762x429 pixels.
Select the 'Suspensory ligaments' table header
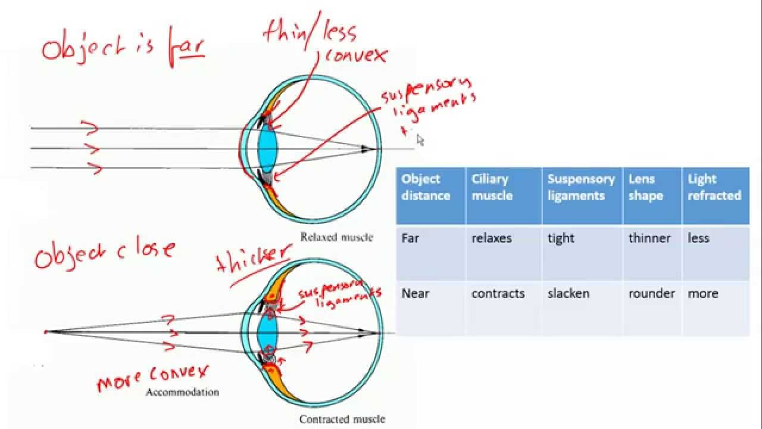click(580, 187)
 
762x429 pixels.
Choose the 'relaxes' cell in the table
click(492, 238)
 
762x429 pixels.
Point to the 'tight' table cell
click(561, 238)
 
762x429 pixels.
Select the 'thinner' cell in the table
click(649, 238)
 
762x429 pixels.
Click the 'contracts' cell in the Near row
click(498, 293)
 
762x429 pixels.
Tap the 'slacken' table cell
click(568, 293)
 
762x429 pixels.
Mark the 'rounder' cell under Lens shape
click(651, 293)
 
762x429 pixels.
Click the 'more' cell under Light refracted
click(702, 293)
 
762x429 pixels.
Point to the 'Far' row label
click(410, 238)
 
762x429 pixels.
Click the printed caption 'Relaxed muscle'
click(336, 237)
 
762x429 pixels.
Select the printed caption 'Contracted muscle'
click(342, 419)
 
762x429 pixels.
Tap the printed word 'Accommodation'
click(182, 392)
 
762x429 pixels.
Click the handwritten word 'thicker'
click(253, 259)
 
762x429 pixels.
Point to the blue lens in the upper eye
click(267, 148)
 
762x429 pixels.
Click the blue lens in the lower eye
click(267, 331)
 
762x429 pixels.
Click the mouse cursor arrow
click(420, 139)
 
